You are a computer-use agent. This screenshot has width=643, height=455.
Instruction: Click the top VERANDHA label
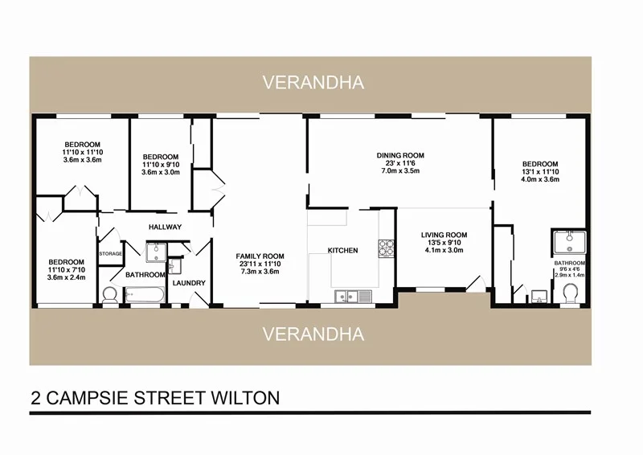[313, 82]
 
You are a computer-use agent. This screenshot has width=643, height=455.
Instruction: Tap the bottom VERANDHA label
[313, 333]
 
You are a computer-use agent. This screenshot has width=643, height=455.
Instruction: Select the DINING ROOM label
[400, 155]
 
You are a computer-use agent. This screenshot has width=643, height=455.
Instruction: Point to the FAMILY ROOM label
[258, 256]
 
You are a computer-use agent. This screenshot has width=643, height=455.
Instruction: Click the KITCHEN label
[342, 251]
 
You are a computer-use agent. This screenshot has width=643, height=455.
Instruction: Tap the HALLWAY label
[165, 227]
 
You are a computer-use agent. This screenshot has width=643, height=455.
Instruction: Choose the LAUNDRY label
[189, 283]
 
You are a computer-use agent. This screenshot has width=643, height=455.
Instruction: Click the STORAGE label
[110, 254]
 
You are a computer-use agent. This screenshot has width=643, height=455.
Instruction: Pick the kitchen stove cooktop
[385, 246]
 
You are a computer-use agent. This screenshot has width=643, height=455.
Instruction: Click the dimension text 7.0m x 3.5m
[400, 170]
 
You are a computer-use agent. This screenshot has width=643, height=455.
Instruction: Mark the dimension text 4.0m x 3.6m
[539, 179]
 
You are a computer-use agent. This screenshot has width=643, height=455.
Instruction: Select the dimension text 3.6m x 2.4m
[66, 278]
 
